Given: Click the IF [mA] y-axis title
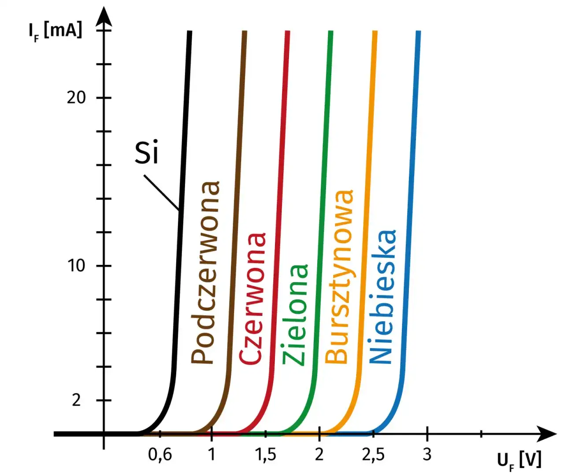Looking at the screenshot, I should pyautogui.click(x=55, y=31).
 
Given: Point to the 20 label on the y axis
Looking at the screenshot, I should pyautogui.click(x=76, y=97).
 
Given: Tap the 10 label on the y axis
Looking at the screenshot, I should pyautogui.click(x=76, y=266).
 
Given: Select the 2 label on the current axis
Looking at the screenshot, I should pyautogui.click(x=77, y=400).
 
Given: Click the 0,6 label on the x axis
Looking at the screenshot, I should pyautogui.click(x=160, y=454).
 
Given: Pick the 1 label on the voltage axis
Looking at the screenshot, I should pyautogui.click(x=212, y=454).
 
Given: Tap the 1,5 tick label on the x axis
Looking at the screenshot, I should pyautogui.click(x=266, y=454).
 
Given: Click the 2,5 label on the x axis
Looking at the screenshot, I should pyautogui.click(x=373, y=454).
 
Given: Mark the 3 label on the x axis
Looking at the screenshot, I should pyautogui.click(x=427, y=454).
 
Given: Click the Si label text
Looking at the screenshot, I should pyautogui.click(x=146, y=153).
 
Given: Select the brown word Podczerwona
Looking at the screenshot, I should pyautogui.click(x=205, y=273).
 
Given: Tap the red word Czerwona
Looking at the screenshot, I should pyautogui.click(x=252, y=299).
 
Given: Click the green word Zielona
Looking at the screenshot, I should pyautogui.click(x=295, y=315).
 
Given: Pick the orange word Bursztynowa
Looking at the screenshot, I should pyautogui.click(x=339, y=276).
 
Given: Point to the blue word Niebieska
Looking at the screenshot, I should pyautogui.click(x=382, y=297).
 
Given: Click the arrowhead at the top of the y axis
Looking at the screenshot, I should pyautogui.click(x=104, y=16).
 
